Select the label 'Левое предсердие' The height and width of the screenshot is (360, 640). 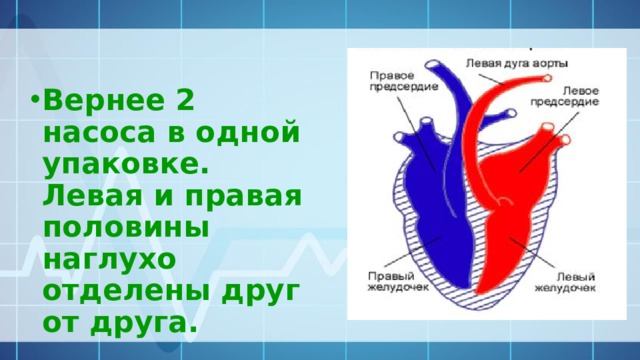click(573, 96)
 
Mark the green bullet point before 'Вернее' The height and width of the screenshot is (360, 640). click(35, 101)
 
